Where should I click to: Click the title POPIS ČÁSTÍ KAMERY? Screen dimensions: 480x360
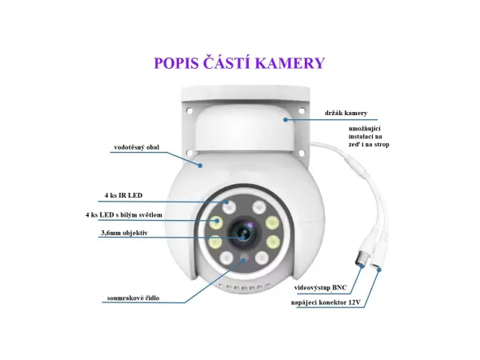pyautogui.click(x=239, y=63)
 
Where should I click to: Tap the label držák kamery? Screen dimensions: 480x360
pyautogui.click(x=346, y=113)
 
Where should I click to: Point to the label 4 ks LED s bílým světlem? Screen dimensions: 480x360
pyautogui.click(x=125, y=215)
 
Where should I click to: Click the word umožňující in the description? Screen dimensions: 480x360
pyautogui.click(x=366, y=128)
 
